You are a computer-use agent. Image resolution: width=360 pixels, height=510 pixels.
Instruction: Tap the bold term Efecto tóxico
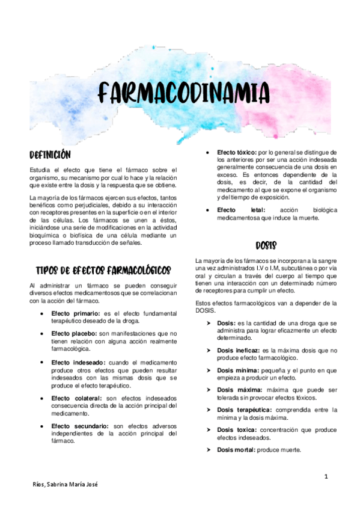pyautogui.click(x=235, y=153)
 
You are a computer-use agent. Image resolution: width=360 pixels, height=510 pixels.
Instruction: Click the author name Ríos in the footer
pyautogui.click(x=40, y=484)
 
